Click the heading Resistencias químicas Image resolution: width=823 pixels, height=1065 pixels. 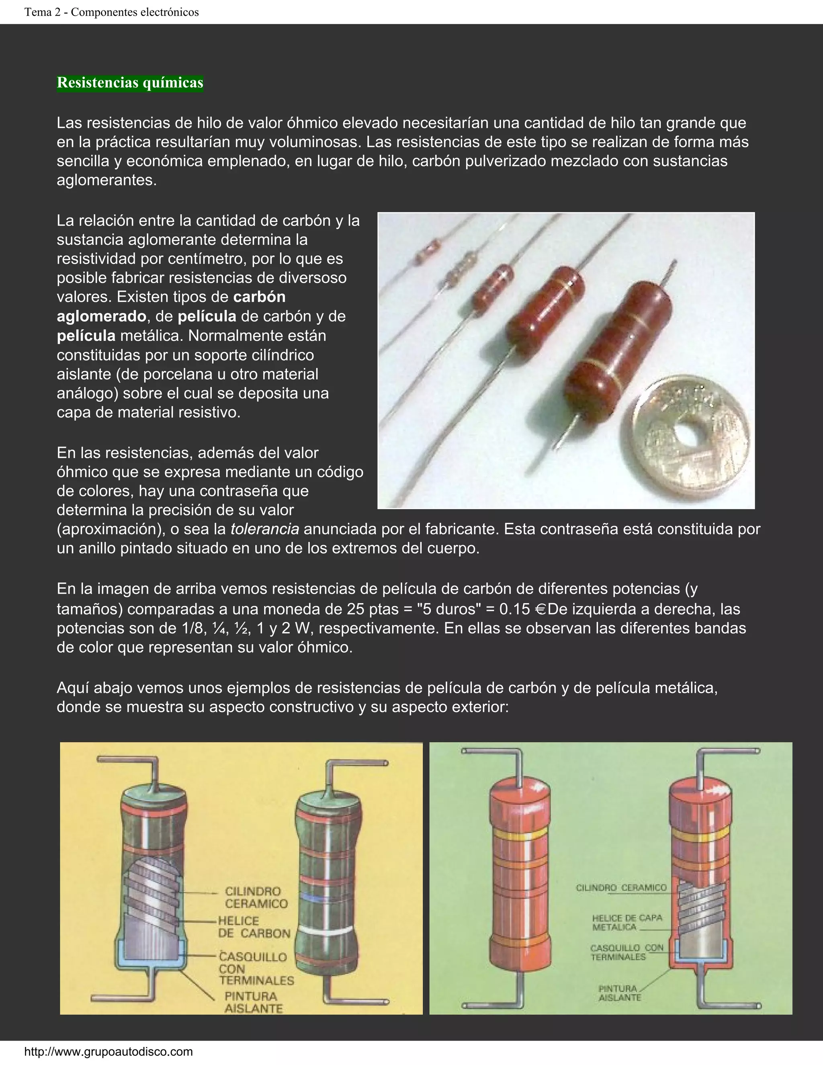point(130,83)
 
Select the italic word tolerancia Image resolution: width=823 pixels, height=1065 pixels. point(265,529)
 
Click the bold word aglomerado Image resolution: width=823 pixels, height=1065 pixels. point(101,316)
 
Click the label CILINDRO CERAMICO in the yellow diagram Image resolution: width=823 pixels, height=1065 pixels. point(256,897)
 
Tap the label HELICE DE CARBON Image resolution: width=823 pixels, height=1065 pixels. point(254,927)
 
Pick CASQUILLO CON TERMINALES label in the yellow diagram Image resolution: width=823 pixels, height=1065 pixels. point(256,969)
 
